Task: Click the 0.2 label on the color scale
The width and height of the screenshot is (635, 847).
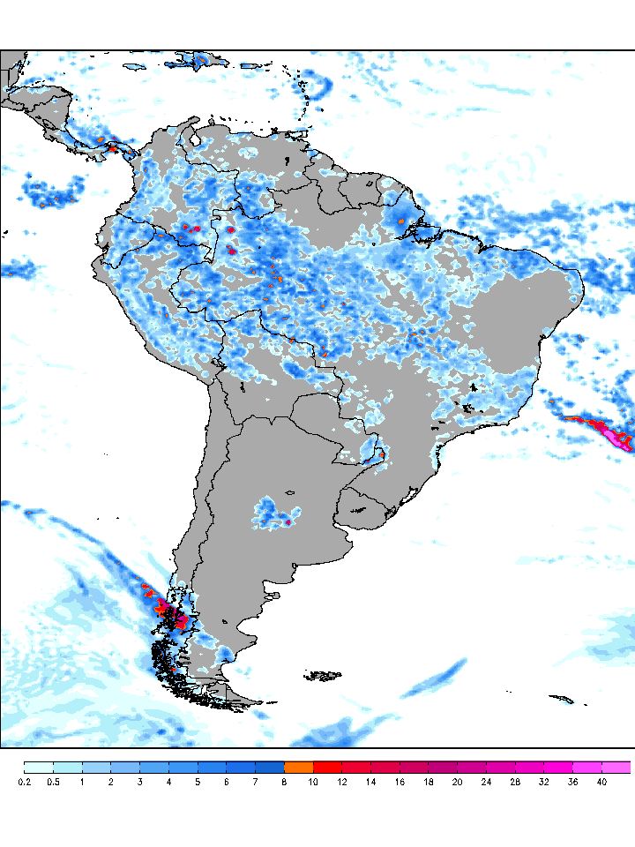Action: pos(24,782)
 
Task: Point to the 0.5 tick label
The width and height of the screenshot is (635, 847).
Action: pos(53,782)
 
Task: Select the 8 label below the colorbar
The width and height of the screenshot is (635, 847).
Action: pos(284,782)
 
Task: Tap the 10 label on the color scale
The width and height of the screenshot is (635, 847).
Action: pos(313,782)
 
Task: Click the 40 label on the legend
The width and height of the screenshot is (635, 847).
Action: pos(601,782)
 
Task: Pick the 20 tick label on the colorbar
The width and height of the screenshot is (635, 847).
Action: pos(457,782)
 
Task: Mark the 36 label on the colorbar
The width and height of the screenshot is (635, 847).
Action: pos(572,782)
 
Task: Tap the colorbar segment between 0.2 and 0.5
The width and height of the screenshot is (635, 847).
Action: pos(39,767)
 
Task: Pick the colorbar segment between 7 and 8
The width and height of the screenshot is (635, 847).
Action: pos(270,767)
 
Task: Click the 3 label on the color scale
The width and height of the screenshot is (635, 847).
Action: pos(139,782)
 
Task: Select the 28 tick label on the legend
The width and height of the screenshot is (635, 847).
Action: pos(515,782)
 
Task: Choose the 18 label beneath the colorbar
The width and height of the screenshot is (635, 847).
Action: pos(429,782)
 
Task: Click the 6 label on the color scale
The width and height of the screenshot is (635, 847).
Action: pos(227,782)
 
